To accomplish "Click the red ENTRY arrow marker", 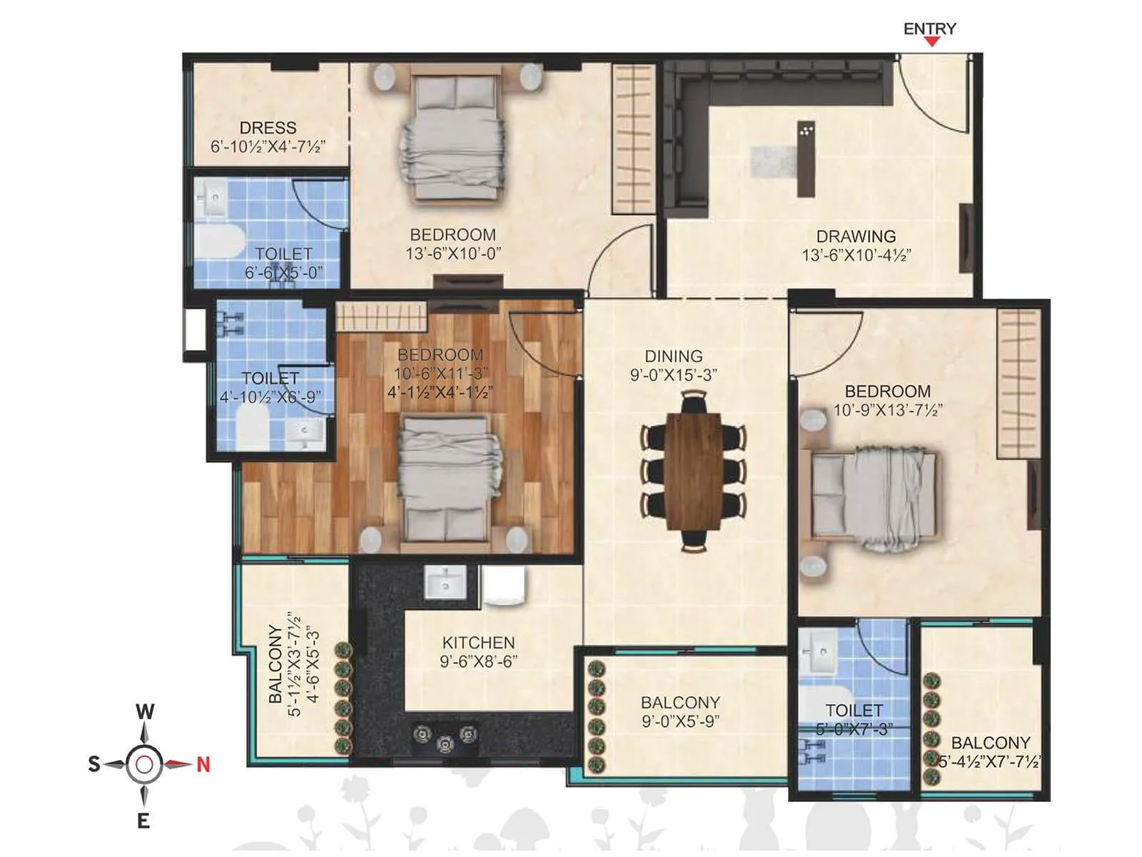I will tap(931, 42).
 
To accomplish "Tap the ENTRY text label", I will tap(929, 29).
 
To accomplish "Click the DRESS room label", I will tap(268, 128).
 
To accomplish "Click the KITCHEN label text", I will tap(478, 642).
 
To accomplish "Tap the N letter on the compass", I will tap(203, 765).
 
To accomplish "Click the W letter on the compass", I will tap(145, 712).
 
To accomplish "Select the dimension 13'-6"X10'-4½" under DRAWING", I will tap(856, 255).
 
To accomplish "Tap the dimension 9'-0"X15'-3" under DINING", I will tap(673, 375).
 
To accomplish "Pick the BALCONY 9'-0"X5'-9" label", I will tap(680, 712).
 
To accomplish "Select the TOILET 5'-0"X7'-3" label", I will tap(854, 720).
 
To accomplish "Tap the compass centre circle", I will tap(144, 765).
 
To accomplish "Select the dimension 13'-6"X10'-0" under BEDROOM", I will tap(453, 254).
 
